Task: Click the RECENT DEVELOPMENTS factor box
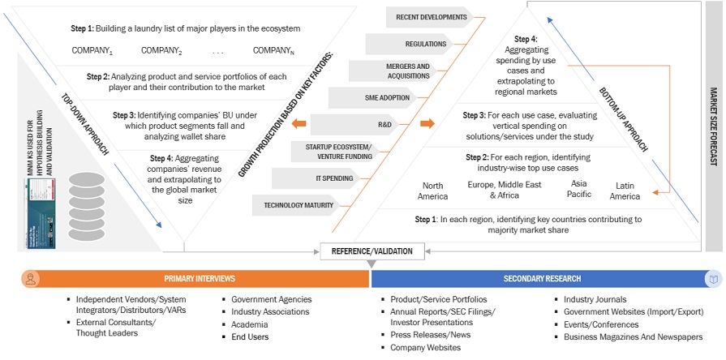coord(432,16)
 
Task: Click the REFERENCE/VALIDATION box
coord(371,251)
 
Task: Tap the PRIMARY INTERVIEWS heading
coord(200,278)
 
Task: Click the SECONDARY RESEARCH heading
coord(542,278)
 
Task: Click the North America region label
coord(432,191)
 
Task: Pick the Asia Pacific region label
coord(579,188)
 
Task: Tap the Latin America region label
coord(625,191)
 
